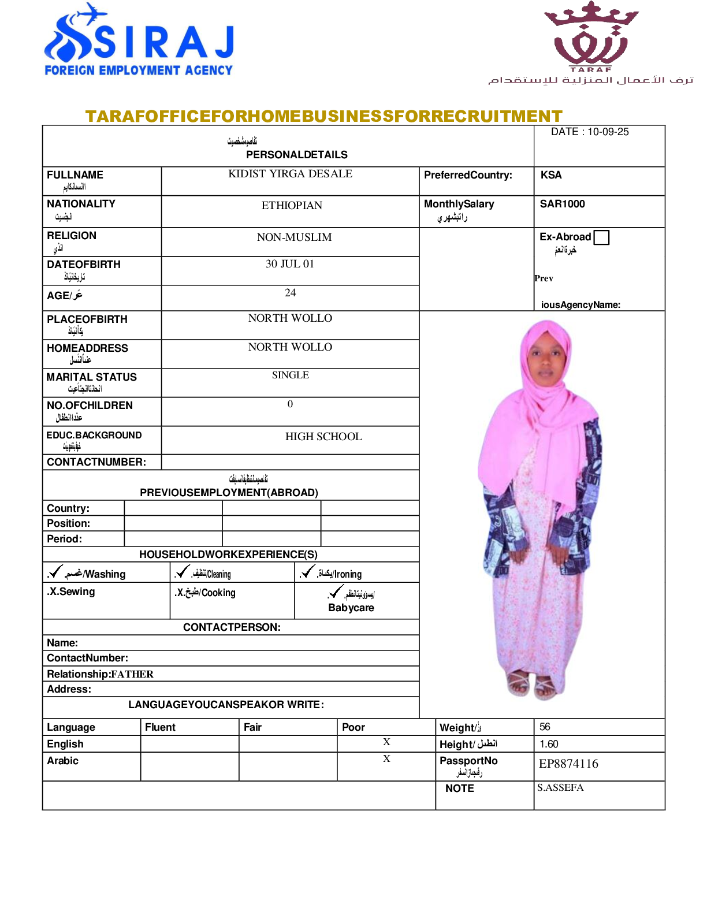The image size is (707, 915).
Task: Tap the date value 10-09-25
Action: [608, 132]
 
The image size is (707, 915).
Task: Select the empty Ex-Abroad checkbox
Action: [601, 237]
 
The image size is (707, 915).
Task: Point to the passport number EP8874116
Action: [568, 764]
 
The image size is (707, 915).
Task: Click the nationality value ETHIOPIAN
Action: [292, 206]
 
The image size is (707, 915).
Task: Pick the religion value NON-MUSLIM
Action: [294, 237]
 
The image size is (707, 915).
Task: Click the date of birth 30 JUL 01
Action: [290, 264]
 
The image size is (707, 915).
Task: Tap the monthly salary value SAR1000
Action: [562, 204]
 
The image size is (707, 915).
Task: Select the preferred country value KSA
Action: [551, 175]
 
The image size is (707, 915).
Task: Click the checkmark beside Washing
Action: [55, 571]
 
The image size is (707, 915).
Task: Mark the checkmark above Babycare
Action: [336, 592]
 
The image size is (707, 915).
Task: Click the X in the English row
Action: [386, 742]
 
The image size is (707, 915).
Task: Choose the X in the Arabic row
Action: [386, 759]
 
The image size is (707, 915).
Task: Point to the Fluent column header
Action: [160, 727]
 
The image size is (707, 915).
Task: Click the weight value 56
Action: [545, 727]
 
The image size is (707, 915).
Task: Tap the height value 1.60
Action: [549, 744]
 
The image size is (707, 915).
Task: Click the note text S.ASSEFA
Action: [560, 788]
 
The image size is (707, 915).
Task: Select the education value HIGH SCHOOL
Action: [323, 437]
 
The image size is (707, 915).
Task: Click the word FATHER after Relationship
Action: [132, 674]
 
